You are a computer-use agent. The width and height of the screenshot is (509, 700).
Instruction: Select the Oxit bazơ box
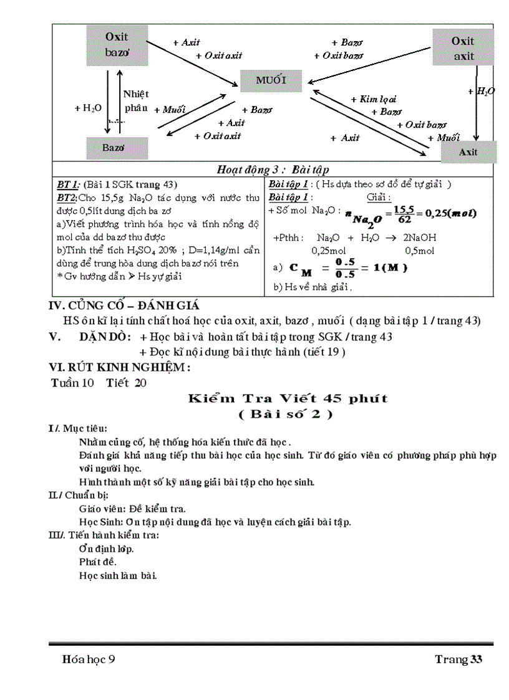pyautogui.click(x=117, y=44)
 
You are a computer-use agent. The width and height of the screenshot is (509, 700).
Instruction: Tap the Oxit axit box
pyautogui.click(x=463, y=49)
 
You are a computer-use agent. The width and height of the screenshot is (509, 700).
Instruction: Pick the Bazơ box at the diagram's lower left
pyautogui.click(x=117, y=148)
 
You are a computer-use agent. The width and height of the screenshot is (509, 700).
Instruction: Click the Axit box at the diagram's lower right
pyautogui.click(x=468, y=152)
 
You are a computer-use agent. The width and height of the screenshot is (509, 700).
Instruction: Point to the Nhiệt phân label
pyautogui.click(x=136, y=101)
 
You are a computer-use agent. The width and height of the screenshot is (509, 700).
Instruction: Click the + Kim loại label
pyautogui.click(x=373, y=99)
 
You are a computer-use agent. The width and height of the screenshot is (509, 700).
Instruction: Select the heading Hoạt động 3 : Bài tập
pyautogui.click(x=273, y=170)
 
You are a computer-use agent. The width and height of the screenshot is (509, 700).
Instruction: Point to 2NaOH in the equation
pyautogui.click(x=419, y=237)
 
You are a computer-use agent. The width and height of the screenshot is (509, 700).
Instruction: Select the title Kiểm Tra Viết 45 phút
pyautogui.click(x=288, y=398)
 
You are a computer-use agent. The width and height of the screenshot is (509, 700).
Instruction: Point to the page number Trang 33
pyautogui.click(x=458, y=659)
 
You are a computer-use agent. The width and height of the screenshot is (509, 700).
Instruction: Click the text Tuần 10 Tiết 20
pyautogui.click(x=99, y=383)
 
